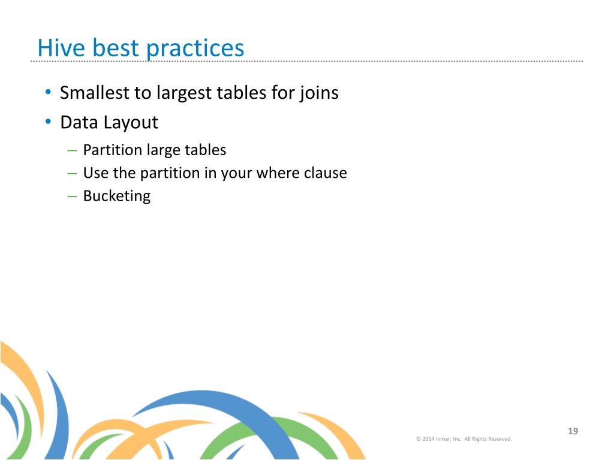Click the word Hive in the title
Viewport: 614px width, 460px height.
(x=61, y=48)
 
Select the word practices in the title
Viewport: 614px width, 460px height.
(x=195, y=49)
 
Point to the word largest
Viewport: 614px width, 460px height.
(x=184, y=94)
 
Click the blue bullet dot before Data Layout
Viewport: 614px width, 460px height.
(x=48, y=122)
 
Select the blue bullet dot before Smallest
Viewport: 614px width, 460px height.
(x=48, y=92)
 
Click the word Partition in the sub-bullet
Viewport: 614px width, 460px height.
(x=112, y=150)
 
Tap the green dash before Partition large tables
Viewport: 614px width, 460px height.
(x=72, y=150)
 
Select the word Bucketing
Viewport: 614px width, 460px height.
(x=117, y=196)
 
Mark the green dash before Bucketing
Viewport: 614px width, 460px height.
(x=72, y=196)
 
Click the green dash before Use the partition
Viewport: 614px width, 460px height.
(x=72, y=173)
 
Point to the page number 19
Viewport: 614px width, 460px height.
(x=573, y=431)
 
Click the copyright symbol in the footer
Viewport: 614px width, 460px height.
(x=419, y=439)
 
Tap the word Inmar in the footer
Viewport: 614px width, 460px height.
(x=443, y=439)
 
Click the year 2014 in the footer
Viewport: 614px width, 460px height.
(x=428, y=439)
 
